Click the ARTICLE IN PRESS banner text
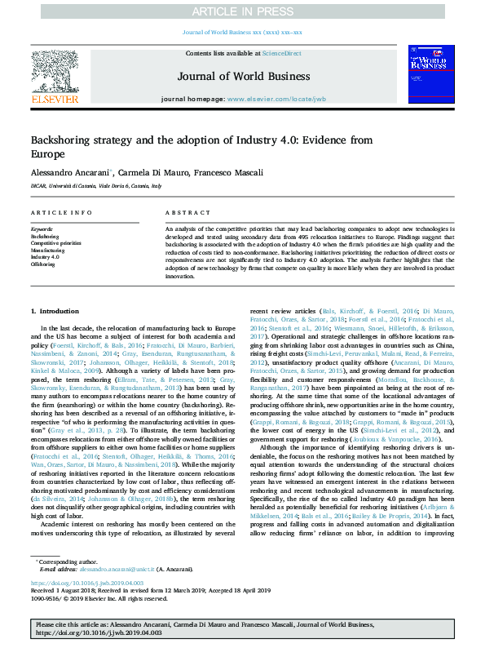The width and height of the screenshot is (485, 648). click(x=242, y=11)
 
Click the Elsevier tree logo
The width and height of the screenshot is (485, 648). click(x=55, y=73)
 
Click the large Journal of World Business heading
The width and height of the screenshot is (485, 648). click(x=241, y=77)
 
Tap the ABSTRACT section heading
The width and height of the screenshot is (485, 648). click(x=183, y=213)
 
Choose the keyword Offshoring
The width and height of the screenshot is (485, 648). click(x=45, y=264)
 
